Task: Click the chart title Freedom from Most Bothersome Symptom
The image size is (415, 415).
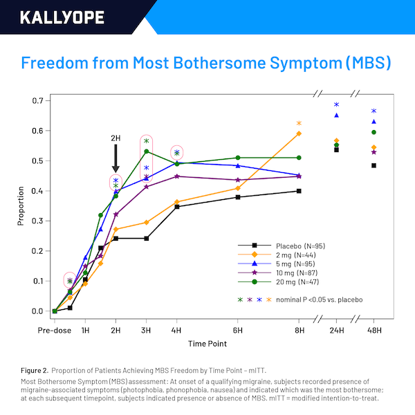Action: point(207,64)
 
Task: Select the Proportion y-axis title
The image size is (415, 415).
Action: point(21,206)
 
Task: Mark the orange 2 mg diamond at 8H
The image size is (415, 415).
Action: point(299,133)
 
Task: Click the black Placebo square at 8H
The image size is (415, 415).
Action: point(299,191)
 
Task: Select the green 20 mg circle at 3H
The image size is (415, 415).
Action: point(146,151)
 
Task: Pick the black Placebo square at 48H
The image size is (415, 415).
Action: point(373,165)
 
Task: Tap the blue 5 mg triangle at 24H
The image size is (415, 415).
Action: point(336,115)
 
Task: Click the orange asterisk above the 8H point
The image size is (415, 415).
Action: point(299,123)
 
